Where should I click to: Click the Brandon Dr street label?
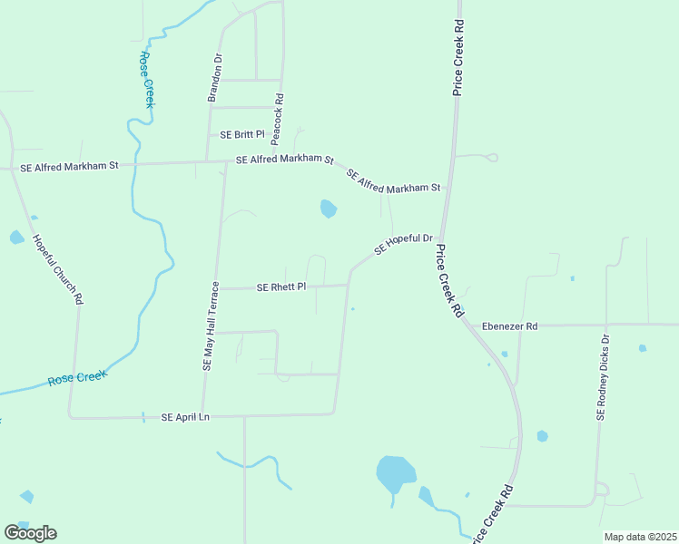217,78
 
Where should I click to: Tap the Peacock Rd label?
279,119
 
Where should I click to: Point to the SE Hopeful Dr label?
404,243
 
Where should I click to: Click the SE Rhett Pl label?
281,287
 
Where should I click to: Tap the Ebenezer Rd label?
509,325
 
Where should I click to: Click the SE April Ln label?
185,417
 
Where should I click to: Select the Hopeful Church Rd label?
57,269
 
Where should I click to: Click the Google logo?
30,532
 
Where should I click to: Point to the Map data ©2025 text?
640,537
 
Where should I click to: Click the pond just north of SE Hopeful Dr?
328,209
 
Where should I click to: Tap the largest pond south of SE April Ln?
395,472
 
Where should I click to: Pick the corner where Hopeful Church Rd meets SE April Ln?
71,418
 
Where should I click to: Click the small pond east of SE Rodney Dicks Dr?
643,348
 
